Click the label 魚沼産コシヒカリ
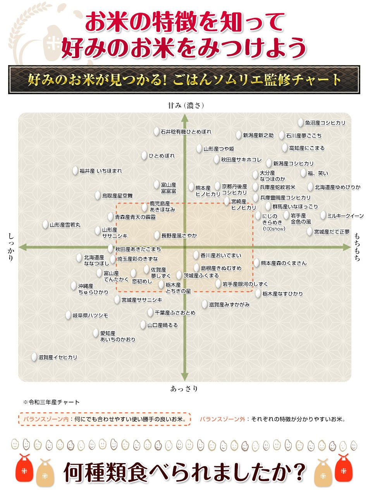click(x=325, y=123)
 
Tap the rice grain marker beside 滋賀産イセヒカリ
click(x=34, y=357)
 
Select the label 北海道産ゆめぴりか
click(x=337, y=187)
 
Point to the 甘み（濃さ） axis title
click(x=186, y=105)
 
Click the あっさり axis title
click(x=184, y=389)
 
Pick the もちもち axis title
click(x=357, y=246)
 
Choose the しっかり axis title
click(x=11, y=247)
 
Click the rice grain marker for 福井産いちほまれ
click(x=76, y=170)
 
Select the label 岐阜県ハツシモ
click(x=90, y=315)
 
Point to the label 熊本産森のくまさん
click(x=284, y=263)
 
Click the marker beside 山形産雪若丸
click(x=46, y=224)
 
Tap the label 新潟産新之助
click(x=258, y=135)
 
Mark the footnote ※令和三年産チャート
click(x=52, y=402)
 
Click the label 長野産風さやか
click(x=179, y=235)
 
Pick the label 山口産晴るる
click(x=162, y=325)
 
